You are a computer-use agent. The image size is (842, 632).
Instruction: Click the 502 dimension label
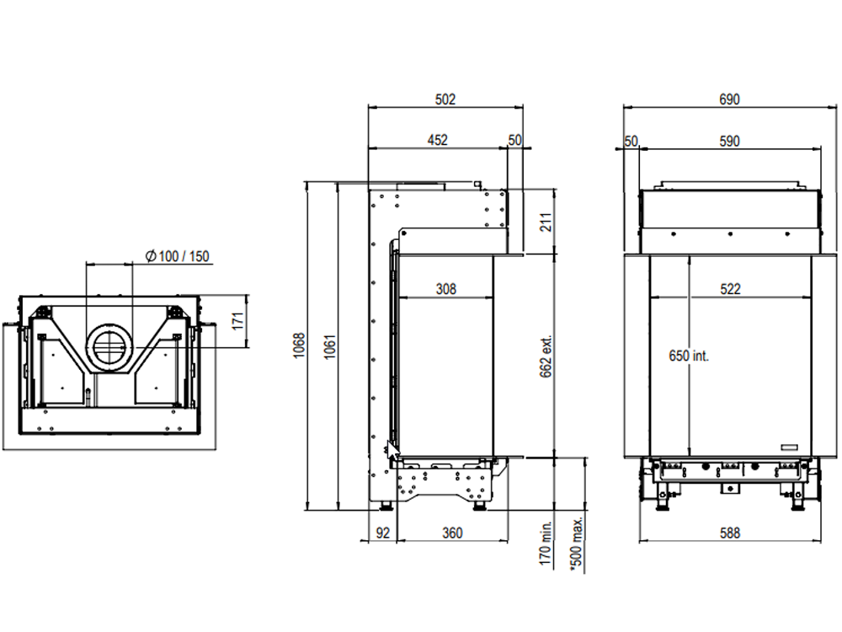(x=445, y=99)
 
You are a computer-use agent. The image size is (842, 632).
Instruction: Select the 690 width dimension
(x=729, y=99)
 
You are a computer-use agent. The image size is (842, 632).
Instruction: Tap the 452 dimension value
(x=438, y=140)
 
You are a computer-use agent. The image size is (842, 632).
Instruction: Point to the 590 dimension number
(x=729, y=142)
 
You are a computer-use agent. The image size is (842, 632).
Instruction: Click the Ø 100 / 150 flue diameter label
(x=178, y=256)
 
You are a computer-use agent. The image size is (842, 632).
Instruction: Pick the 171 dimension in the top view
(x=238, y=321)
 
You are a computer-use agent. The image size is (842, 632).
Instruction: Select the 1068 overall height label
(x=299, y=345)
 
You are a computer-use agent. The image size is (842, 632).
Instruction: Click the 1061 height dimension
(x=330, y=347)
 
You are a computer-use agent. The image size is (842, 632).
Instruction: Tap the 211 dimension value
(x=546, y=222)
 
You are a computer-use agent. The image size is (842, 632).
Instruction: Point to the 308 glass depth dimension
(x=445, y=289)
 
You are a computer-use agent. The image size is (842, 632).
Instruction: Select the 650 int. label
(x=689, y=356)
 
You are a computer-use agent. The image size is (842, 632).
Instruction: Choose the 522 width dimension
(x=730, y=289)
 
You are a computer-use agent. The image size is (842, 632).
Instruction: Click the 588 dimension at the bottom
(x=729, y=533)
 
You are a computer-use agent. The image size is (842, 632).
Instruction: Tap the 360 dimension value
(x=452, y=533)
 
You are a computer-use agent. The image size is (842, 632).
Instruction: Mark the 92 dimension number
(x=383, y=533)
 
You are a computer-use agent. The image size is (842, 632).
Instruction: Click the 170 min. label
(x=546, y=543)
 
